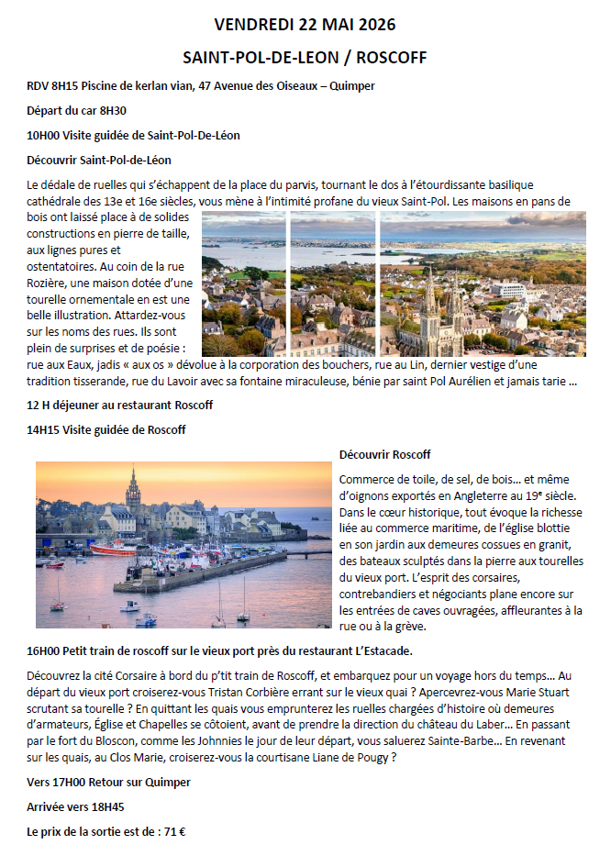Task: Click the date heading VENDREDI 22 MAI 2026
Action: click(305, 24)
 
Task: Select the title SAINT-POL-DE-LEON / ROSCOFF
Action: click(305, 57)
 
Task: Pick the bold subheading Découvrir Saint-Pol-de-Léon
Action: click(99, 160)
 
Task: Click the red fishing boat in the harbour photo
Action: click(114, 550)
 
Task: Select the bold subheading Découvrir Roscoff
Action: click(384, 454)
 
